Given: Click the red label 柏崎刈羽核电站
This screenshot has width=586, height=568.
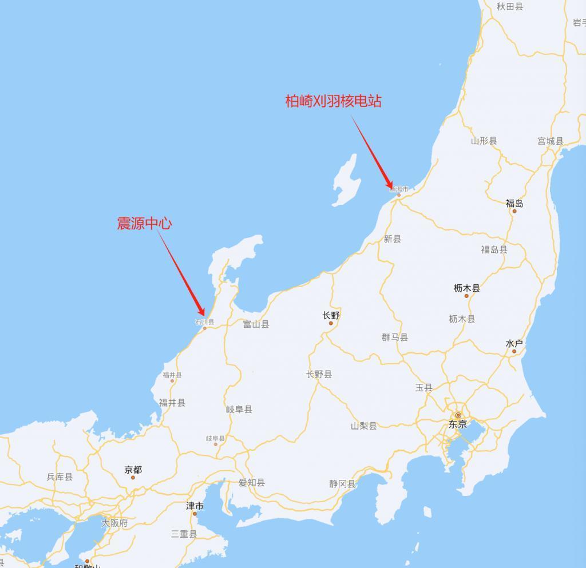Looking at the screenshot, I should [334, 101].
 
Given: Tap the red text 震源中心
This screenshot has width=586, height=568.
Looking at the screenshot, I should [144, 224].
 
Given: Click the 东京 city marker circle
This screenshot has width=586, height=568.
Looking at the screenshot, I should [458, 415].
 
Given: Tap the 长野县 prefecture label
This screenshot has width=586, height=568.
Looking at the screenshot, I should [319, 375].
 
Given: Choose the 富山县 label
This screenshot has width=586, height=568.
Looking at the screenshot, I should [256, 324].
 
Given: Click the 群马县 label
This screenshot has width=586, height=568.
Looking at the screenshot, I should [395, 337].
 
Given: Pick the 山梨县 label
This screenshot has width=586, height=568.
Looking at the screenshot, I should [364, 426].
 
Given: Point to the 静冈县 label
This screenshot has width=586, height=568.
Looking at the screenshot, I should [342, 484].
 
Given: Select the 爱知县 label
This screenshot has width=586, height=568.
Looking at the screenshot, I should [252, 483].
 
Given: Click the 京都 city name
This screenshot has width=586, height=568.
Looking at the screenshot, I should [133, 470].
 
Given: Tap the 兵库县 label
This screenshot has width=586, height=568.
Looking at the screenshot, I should [60, 476].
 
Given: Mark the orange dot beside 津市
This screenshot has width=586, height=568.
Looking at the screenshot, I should [195, 514].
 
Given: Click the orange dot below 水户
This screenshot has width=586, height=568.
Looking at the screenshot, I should [514, 351].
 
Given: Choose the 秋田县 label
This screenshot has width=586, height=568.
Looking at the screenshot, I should [510, 6].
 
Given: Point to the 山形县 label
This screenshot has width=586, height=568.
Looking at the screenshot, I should [484, 141].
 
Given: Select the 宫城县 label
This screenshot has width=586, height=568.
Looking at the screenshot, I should [551, 141].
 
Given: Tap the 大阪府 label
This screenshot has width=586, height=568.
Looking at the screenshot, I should [114, 523].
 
